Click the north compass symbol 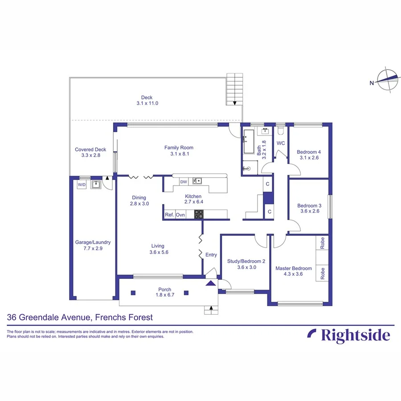(386, 81)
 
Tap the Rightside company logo (348, 335)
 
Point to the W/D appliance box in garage (82, 184)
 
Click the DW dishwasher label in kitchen (183, 181)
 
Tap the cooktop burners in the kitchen (199, 214)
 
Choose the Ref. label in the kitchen (169, 215)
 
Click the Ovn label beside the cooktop (180, 215)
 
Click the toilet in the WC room (280, 131)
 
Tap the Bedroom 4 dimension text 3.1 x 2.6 (309, 158)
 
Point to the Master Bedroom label (293, 268)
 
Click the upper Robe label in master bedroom (323, 244)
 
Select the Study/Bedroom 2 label (246, 262)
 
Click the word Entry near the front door (211, 255)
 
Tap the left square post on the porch (133, 293)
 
